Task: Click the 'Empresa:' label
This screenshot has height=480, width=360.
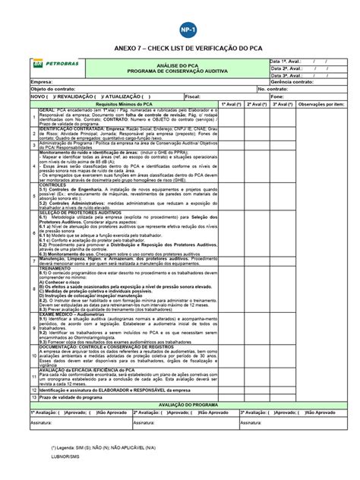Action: pos(42,82)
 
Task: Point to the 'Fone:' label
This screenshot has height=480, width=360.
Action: pos(276,96)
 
